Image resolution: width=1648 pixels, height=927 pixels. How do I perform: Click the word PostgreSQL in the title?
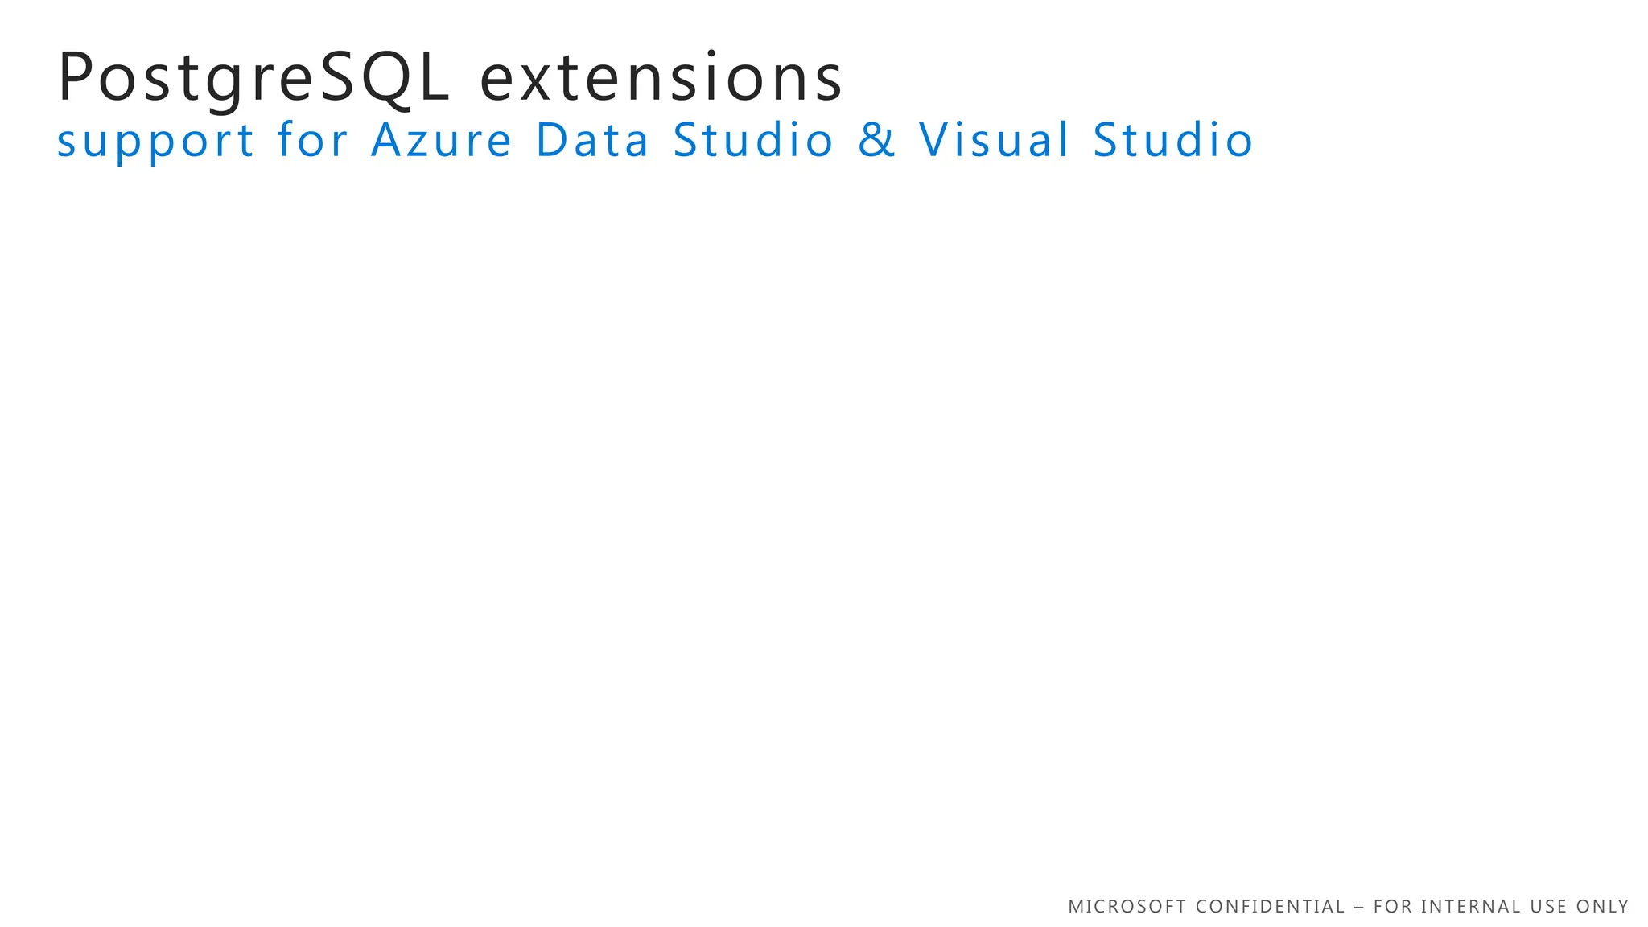(x=253, y=78)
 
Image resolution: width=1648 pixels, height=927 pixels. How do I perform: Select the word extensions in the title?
(x=661, y=78)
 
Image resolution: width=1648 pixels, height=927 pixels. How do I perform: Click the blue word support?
(x=155, y=141)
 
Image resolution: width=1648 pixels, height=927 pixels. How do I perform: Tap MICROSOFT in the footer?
(x=1127, y=907)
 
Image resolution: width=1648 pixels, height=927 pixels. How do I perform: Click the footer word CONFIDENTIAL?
(x=1271, y=907)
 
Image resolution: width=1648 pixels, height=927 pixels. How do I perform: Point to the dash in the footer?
(x=1359, y=907)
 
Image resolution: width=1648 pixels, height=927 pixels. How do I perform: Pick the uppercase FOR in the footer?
(x=1392, y=907)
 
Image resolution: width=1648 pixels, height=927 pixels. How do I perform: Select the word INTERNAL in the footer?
(x=1471, y=907)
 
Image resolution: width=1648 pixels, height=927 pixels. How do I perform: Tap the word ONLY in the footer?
(x=1602, y=907)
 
